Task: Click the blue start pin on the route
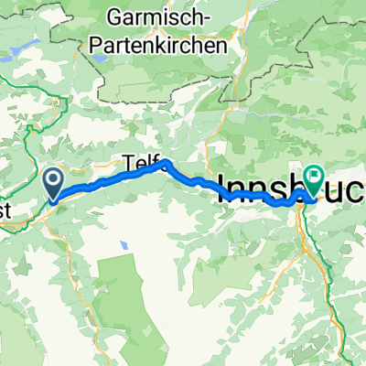[x=53, y=181]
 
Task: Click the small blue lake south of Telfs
[x=123, y=245]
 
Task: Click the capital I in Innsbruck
[x=220, y=188]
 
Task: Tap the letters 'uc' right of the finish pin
[x=345, y=190]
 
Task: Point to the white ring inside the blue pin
[x=53, y=178]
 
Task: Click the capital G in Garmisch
[x=115, y=16]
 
